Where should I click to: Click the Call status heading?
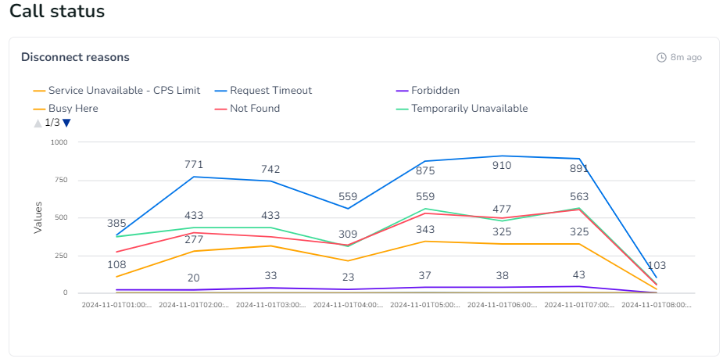[x=57, y=12]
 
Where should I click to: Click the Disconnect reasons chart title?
[x=75, y=57]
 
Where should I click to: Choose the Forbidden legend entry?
[x=435, y=91]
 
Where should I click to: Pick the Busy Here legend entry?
[x=73, y=109]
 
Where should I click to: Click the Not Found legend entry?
[x=254, y=109]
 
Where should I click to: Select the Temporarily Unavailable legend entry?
[x=469, y=109]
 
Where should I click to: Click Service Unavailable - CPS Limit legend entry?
[x=123, y=91]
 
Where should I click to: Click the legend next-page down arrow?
[x=67, y=123]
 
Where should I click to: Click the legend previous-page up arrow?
[x=38, y=123]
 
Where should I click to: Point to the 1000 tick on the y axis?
[x=59, y=142]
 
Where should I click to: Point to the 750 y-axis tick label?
[x=61, y=180]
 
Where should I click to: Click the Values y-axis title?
[x=38, y=217]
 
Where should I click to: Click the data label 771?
[x=194, y=164]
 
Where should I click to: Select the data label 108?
[x=116, y=264]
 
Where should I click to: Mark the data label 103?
[x=656, y=265]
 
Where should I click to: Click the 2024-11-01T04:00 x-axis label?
[x=348, y=305]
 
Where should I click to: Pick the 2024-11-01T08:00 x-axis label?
[x=656, y=305]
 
